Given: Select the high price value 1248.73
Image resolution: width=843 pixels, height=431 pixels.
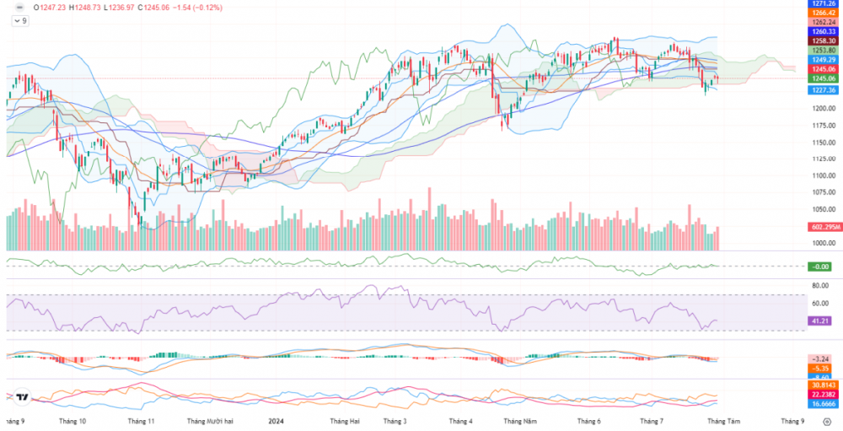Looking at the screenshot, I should [x=89, y=7].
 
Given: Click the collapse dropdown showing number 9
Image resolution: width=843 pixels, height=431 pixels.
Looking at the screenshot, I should [x=19, y=20].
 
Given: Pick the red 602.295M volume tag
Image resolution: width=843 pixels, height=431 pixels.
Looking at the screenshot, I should [x=820, y=227].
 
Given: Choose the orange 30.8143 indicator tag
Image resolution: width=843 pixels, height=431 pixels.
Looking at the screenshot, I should [x=820, y=385].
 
